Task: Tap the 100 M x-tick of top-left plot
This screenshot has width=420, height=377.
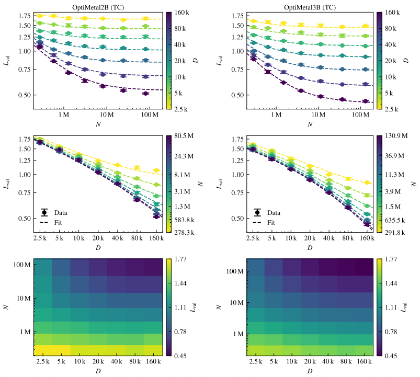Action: click(x=150, y=114)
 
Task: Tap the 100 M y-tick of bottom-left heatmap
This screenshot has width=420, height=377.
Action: click(x=21, y=266)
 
